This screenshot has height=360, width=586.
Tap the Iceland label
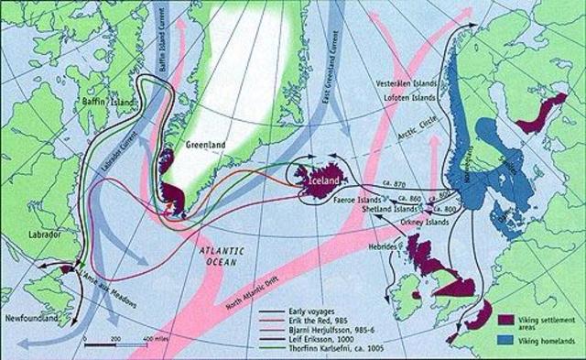[x=319, y=180]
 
